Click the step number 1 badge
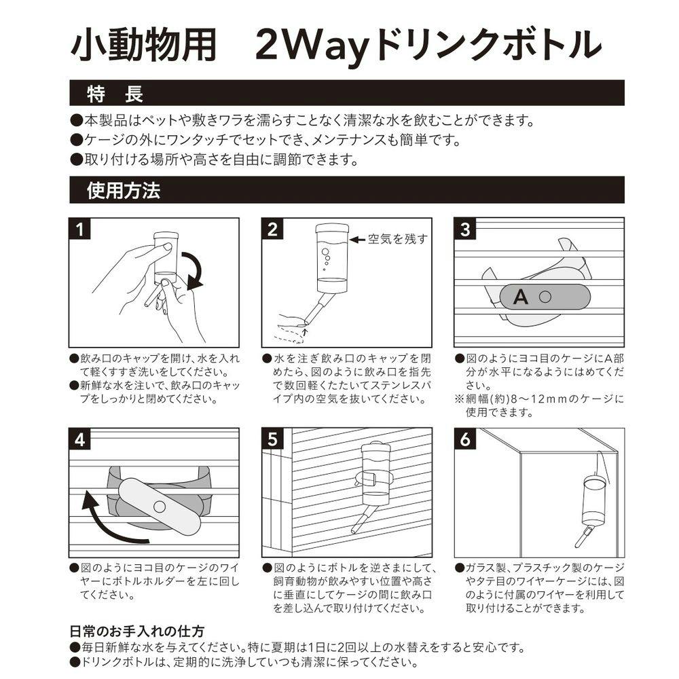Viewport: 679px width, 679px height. [x=79, y=229]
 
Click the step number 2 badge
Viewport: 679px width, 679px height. [x=272, y=229]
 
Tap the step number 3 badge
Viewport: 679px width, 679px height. [x=465, y=229]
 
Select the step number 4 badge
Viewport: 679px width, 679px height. [x=79, y=439]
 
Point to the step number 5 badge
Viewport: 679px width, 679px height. [x=272, y=439]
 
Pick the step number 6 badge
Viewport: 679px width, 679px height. [x=465, y=439]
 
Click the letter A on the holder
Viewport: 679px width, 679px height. [x=521, y=297]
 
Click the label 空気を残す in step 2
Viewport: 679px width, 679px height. [x=397, y=238]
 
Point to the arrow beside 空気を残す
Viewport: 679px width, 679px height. [x=357, y=240]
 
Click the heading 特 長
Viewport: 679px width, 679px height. [x=115, y=94]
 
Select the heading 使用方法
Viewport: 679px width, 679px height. [x=124, y=190]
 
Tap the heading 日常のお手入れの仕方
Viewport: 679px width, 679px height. [x=137, y=631]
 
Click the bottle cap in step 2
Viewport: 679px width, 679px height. [x=332, y=227]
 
